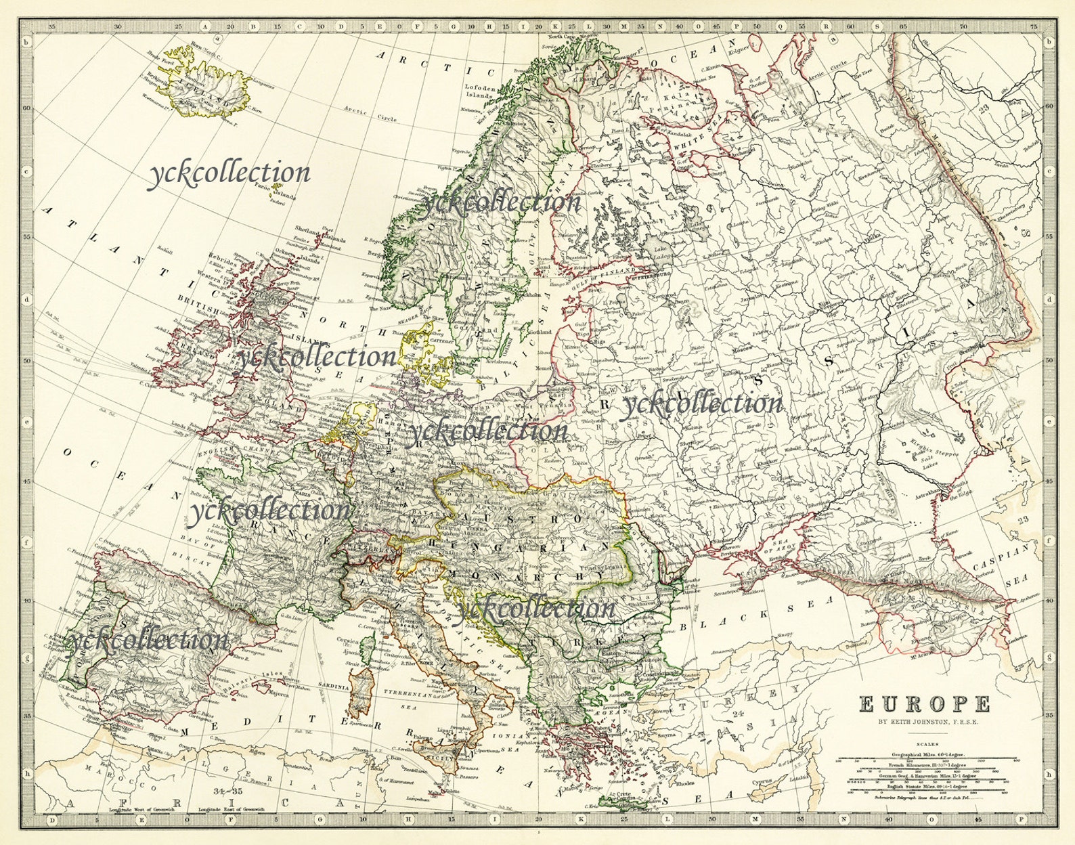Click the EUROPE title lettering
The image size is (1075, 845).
[x=925, y=704]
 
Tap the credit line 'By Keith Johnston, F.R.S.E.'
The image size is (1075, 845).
[x=924, y=722]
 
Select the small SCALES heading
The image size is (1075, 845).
[x=924, y=743]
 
